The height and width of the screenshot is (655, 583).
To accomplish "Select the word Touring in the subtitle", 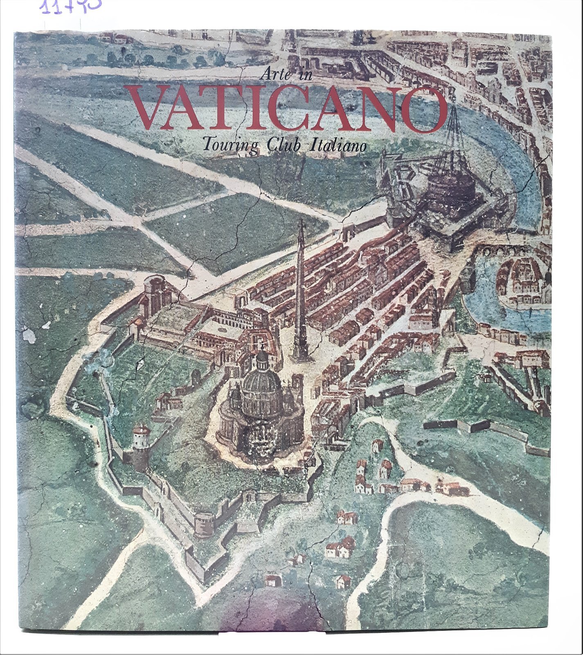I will [x=229, y=145].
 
